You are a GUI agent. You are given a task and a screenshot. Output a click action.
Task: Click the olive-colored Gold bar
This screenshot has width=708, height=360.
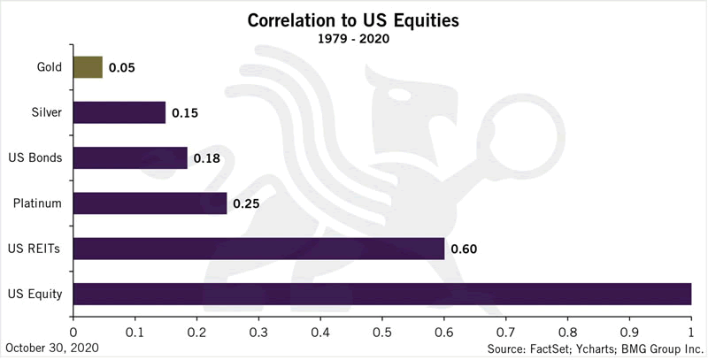pos(88,67)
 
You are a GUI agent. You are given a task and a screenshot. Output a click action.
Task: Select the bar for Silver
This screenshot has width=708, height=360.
pos(119,112)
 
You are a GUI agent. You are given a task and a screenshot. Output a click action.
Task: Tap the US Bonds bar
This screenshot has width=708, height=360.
pos(130,157)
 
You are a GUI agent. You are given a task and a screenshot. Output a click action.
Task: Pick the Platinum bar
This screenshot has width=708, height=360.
pos(150,203)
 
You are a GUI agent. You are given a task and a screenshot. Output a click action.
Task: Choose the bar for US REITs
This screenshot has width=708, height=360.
pos(258,249)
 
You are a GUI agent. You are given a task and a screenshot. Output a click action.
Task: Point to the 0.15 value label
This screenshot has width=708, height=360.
pos(183,113)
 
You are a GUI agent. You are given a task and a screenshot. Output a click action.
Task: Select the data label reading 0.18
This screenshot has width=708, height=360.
pos(206,158)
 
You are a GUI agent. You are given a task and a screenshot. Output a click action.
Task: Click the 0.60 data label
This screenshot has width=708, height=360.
pos(464,249)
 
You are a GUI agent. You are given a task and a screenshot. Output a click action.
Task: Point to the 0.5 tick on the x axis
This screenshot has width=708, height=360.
pos(382,333)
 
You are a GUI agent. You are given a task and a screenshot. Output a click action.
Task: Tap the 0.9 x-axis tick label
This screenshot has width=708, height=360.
pos(628,333)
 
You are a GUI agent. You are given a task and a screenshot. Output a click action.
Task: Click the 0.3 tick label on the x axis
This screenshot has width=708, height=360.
pos(258,333)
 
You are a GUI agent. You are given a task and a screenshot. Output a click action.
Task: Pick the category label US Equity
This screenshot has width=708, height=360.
pos(35,294)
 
